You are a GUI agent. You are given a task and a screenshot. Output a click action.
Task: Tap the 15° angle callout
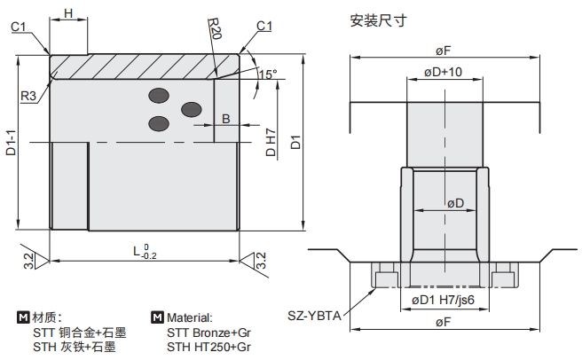pyautogui.click(x=267, y=74)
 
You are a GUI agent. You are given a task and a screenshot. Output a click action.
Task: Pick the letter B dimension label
pyautogui.click(x=225, y=118)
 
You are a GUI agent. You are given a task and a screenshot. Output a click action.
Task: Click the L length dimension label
pyautogui.click(x=145, y=253)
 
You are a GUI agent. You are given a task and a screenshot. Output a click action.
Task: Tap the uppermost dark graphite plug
pyautogui.click(x=160, y=95)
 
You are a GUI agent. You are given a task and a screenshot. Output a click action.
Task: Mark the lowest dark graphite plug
pyautogui.click(x=160, y=122)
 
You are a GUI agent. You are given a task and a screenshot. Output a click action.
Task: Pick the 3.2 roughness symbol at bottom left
pyautogui.click(x=28, y=261)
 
